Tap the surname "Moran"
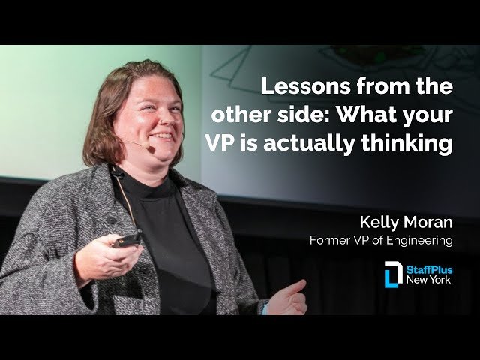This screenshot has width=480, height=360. coord(430,223)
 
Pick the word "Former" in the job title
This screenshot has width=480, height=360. coord(330,241)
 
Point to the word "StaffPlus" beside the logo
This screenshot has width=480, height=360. coord(430,269)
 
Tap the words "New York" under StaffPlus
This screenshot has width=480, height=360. coord(430,280)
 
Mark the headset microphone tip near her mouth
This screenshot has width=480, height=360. coord(150,149)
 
